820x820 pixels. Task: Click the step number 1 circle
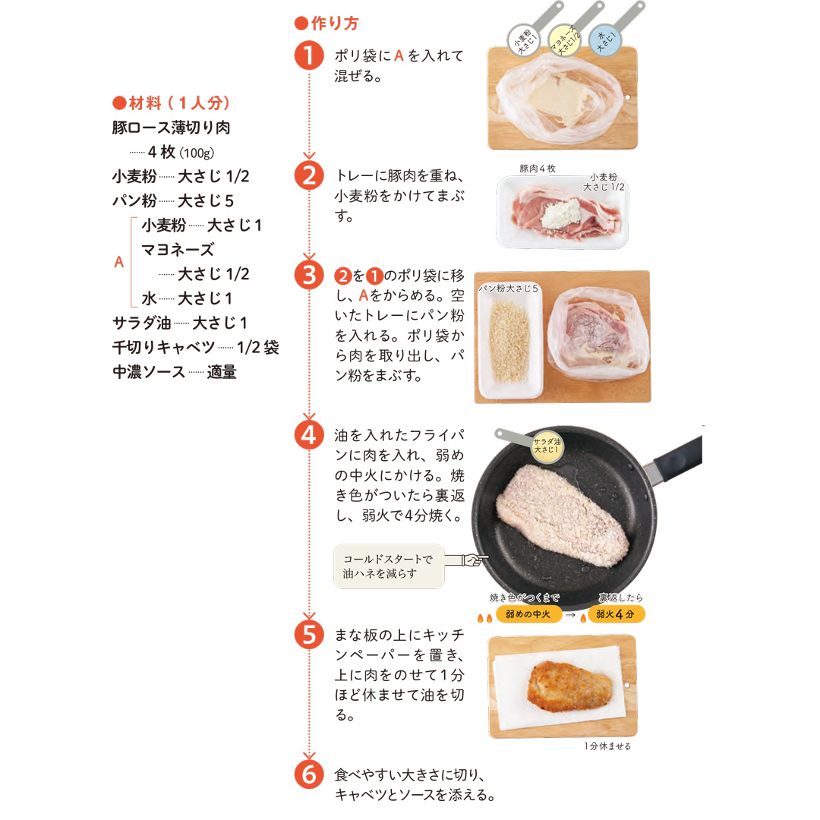pyautogui.click(x=309, y=55)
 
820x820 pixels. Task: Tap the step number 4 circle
pyautogui.click(x=309, y=435)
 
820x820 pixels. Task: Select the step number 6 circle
pyautogui.click(x=309, y=774)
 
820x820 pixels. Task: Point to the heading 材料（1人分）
pyautogui.click(x=172, y=102)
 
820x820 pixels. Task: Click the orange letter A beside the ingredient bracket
pyautogui.click(x=118, y=261)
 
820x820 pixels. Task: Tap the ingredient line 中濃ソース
pyautogui.click(x=175, y=372)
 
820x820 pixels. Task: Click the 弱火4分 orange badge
pyautogui.click(x=616, y=614)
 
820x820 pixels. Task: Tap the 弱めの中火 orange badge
pyautogui.click(x=528, y=614)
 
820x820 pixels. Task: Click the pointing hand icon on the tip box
pyautogui.click(x=467, y=560)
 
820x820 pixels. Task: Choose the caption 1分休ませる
pyautogui.click(x=607, y=746)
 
